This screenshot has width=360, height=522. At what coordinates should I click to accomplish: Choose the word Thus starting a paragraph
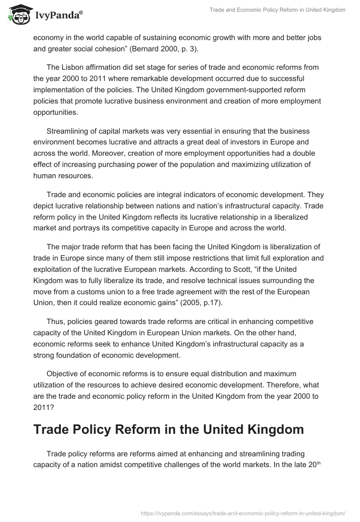coord(55,322)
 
